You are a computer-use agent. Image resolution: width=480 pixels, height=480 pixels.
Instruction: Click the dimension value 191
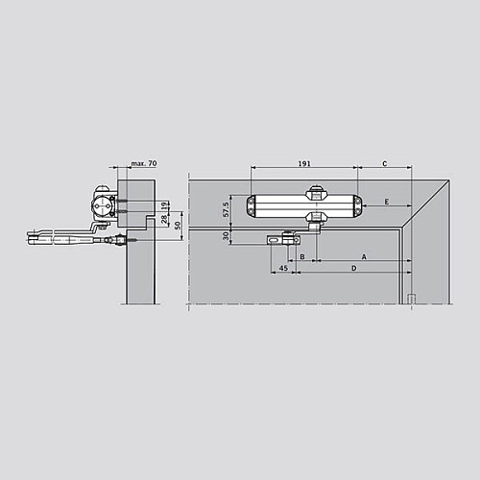304,164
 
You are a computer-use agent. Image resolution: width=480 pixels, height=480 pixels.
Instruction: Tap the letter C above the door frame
384,164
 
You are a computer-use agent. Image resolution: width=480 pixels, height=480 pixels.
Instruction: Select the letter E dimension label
385,202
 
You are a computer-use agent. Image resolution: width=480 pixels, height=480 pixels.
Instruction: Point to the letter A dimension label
363,256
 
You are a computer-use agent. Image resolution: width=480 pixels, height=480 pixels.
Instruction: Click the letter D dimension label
354,270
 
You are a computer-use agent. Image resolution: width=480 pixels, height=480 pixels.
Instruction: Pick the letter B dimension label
301,257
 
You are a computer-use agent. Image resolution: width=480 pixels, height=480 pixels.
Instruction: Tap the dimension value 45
282,270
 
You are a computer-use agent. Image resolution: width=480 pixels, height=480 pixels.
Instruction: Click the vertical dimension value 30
227,236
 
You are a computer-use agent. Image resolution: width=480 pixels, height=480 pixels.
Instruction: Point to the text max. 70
143,164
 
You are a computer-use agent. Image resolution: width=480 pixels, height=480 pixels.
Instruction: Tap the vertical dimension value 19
166,205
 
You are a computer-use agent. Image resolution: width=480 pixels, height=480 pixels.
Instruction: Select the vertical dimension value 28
166,221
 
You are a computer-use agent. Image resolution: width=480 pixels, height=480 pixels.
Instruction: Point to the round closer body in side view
102,204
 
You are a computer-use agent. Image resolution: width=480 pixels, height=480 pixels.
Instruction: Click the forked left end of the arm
38,233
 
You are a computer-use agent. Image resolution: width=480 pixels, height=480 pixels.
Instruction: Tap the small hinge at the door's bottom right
410,299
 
